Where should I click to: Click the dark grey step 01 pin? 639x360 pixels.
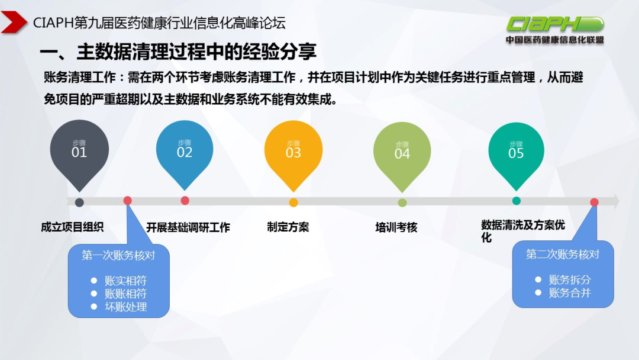coord(79,150)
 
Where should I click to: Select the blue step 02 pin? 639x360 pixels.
coord(185,150)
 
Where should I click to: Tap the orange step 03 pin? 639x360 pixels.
coord(293,150)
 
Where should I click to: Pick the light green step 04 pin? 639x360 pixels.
coord(402,152)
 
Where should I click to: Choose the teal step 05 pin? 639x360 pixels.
coord(516,150)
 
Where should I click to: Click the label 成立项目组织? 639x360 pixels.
coord(72,227)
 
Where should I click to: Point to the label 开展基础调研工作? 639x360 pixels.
coord(188,227)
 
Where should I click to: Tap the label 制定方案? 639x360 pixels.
coord(288,227)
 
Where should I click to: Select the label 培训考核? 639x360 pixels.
coord(396,227)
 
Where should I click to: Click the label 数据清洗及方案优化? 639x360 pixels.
coord(522,231)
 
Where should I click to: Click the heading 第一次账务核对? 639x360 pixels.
coord(118,255)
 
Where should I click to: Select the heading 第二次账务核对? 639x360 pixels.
coord(563,254)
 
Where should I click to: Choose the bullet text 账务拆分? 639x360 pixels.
coord(570,280)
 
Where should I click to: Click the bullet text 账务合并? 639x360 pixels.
coord(570,292)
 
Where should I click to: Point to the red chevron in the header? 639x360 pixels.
coord(14,23)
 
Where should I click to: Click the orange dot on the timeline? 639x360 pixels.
coord(293,202)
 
